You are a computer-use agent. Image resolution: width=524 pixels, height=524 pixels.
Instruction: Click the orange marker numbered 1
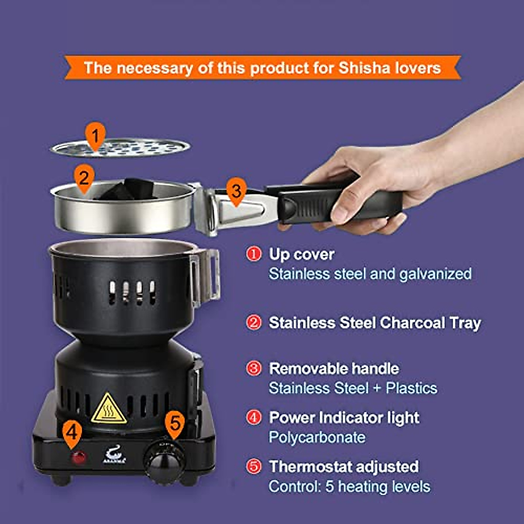pyautogui.click(x=95, y=135)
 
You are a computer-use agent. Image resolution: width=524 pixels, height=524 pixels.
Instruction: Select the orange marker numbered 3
pyautogui.click(x=236, y=191)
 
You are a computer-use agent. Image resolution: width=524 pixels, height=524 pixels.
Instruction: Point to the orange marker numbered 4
pyautogui.click(x=72, y=432)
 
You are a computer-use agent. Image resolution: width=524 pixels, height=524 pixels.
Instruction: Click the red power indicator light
pyautogui.click(x=79, y=458)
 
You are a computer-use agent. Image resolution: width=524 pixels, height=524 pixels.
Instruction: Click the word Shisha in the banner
pyautogui.click(x=365, y=68)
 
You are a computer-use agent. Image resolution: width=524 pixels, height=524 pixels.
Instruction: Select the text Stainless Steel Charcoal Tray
pyautogui.click(x=374, y=323)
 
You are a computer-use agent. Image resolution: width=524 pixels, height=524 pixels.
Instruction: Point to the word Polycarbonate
pyautogui.click(x=317, y=437)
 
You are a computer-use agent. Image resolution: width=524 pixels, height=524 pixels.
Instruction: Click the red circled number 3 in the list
pyautogui.click(x=254, y=368)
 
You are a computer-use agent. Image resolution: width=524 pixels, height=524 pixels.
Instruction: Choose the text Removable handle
pyautogui.click(x=334, y=369)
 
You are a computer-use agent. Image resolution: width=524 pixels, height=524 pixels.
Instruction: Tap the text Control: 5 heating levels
pyautogui.click(x=349, y=486)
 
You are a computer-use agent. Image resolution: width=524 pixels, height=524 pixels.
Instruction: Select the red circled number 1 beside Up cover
pyautogui.click(x=254, y=254)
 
